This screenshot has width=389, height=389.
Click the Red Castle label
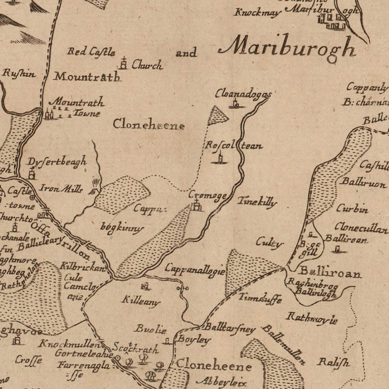click(91, 52)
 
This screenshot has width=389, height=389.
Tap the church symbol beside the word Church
click(124, 63)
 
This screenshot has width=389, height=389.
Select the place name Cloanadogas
click(243, 94)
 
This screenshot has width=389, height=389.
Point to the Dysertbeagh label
click(57, 162)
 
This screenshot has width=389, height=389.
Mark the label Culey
click(269, 242)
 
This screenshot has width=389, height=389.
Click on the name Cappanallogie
click(195, 270)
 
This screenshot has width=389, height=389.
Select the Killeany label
click(140, 301)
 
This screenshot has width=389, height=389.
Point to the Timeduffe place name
click(260, 298)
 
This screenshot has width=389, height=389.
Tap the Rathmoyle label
click(311, 318)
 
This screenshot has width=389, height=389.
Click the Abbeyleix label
click(221, 382)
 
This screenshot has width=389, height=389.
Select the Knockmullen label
click(72, 344)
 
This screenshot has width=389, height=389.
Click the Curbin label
click(352, 209)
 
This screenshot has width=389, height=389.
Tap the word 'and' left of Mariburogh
click(186, 54)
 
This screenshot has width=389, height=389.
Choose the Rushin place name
click(18, 73)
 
